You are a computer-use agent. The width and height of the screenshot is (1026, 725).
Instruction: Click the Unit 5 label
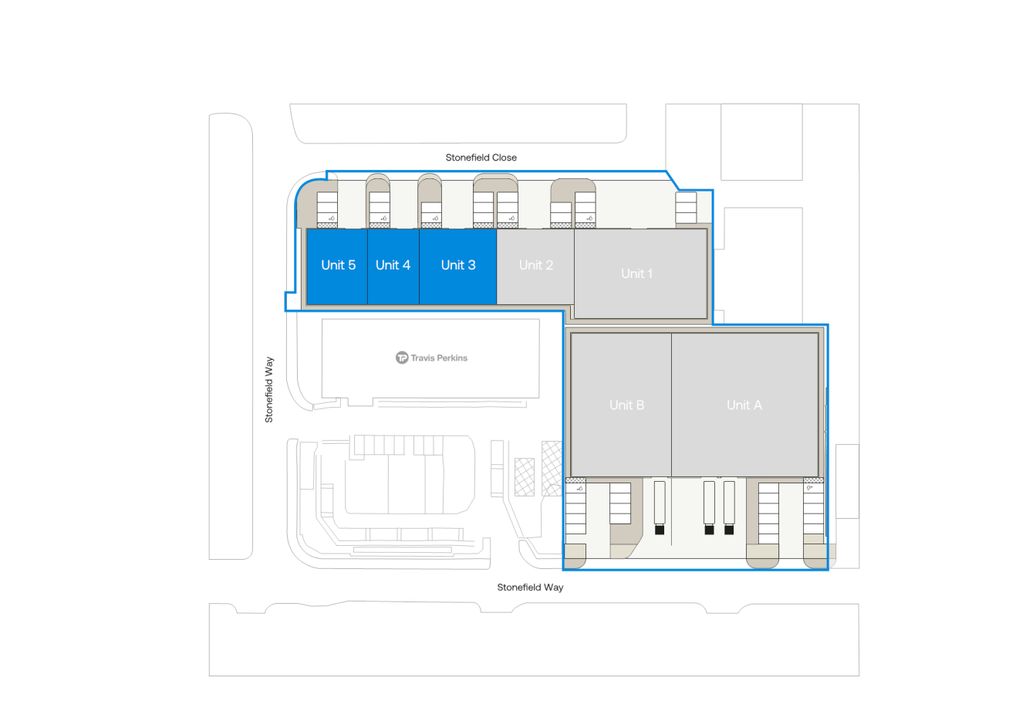pyautogui.click(x=338, y=265)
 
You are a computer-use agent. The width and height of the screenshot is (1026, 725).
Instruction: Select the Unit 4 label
pyautogui.click(x=393, y=265)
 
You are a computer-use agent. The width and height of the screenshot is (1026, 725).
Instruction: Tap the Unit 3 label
pyautogui.click(x=458, y=265)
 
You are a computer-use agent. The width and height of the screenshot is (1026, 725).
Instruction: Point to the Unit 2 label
pyautogui.click(x=536, y=265)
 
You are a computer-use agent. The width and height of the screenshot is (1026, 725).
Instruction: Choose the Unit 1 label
pyautogui.click(x=637, y=273)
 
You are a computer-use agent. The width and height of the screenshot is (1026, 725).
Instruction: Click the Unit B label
pyautogui.click(x=626, y=405)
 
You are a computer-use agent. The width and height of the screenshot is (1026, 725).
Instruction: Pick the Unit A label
pyautogui.click(x=744, y=405)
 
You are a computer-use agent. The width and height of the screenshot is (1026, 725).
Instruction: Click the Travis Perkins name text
pyautogui.click(x=439, y=358)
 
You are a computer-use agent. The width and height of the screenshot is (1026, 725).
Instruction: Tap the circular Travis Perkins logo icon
pyautogui.click(x=401, y=357)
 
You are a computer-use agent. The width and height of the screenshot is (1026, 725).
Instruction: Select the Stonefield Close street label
pyautogui.click(x=481, y=158)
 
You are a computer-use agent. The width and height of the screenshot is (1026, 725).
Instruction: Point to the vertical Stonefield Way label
pyautogui.click(x=269, y=389)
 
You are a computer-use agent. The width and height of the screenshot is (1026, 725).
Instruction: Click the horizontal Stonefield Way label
pyautogui.click(x=530, y=588)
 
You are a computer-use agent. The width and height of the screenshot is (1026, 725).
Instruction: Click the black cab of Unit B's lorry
pyautogui.click(x=660, y=530)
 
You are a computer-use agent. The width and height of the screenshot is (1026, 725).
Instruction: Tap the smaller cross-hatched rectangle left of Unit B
pyautogui.click(x=525, y=477)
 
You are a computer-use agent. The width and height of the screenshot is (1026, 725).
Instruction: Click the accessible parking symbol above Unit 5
pyautogui.click(x=332, y=219)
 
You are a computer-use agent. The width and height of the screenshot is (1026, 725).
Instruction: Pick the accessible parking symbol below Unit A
pyautogui.click(x=809, y=488)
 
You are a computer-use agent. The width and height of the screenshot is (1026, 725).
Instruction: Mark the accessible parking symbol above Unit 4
pyautogui.click(x=383, y=219)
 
